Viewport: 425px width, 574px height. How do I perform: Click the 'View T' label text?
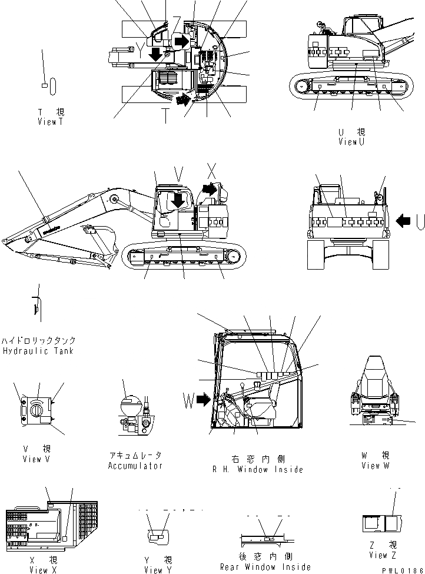[x=50, y=122]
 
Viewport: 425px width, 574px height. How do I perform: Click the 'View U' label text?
[x=351, y=142]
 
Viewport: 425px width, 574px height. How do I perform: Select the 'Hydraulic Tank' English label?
[x=37, y=351]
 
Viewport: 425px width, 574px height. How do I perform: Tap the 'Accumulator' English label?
[x=135, y=466]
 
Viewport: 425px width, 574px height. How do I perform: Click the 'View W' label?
[x=376, y=466]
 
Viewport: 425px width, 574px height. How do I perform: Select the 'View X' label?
[x=44, y=569]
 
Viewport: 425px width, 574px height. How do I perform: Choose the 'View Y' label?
[x=158, y=569]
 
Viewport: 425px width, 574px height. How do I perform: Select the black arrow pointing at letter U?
[x=404, y=221]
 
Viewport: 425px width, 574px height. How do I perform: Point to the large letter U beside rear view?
[x=420, y=221]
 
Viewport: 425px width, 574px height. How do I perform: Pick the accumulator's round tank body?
[x=128, y=407]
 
